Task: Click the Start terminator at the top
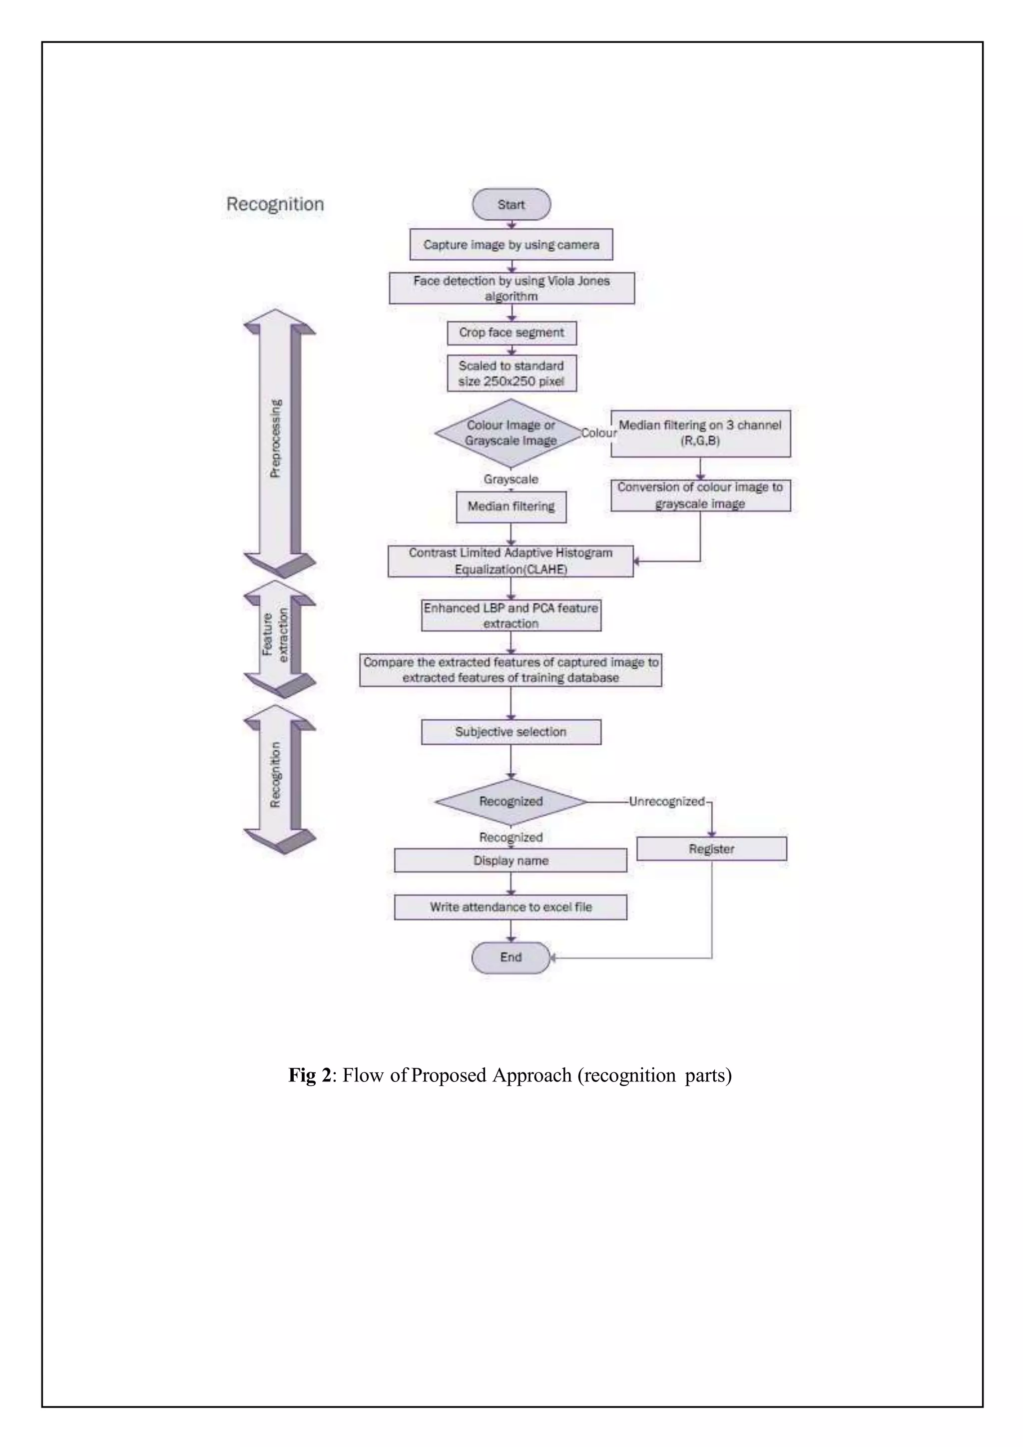[x=511, y=204]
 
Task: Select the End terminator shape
[x=511, y=958]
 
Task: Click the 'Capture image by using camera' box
[x=511, y=245]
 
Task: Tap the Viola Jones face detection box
[x=511, y=288]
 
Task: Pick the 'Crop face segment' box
[x=511, y=333]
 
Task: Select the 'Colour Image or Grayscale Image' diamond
[x=510, y=433]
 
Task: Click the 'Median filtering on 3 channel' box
[x=700, y=433]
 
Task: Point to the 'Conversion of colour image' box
[x=700, y=495]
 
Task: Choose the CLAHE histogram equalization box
[x=510, y=561]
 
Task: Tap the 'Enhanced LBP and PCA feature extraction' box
[x=511, y=615]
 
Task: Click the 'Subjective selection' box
[x=511, y=732]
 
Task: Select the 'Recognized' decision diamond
[x=510, y=802]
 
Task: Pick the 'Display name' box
[x=511, y=860]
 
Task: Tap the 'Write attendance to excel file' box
[x=511, y=907]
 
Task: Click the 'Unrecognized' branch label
[x=666, y=802]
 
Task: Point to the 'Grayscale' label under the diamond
[x=511, y=479]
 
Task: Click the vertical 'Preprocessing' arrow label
[x=275, y=438]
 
